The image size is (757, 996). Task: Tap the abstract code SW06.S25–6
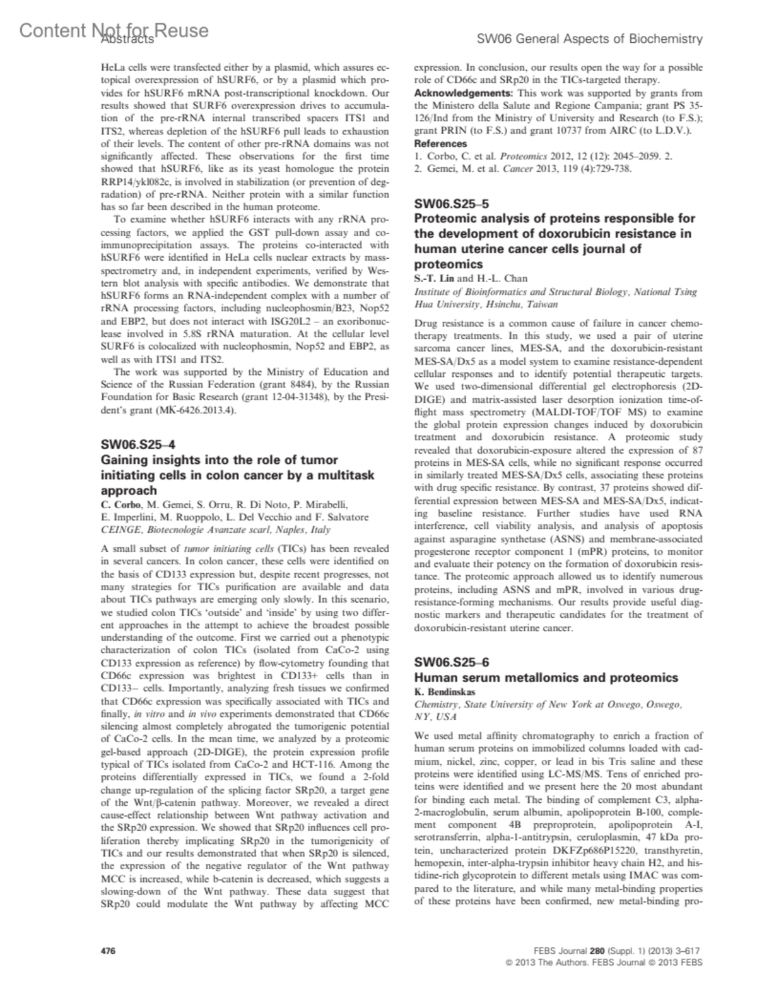click(451, 662)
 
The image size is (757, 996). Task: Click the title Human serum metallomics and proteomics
click(546, 677)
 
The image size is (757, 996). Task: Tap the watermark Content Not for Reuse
click(114, 30)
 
